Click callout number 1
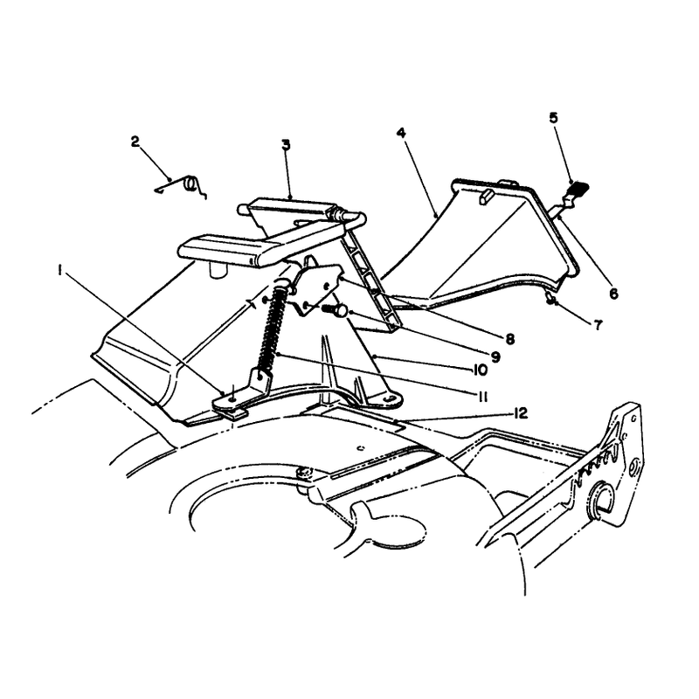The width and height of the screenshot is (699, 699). [59, 271]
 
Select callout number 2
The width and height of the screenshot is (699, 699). [135, 142]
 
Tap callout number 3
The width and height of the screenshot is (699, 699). [286, 145]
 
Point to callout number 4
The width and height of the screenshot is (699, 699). [402, 133]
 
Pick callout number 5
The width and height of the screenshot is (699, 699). [553, 118]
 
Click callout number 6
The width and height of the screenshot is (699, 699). [614, 294]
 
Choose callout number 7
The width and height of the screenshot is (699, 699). [598, 324]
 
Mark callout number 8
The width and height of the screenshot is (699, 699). [510, 339]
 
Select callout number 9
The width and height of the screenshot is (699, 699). [495, 356]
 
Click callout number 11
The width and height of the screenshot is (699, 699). [481, 397]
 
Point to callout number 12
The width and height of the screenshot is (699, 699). [520, 413]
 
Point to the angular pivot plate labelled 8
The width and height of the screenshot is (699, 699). [315, 287]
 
